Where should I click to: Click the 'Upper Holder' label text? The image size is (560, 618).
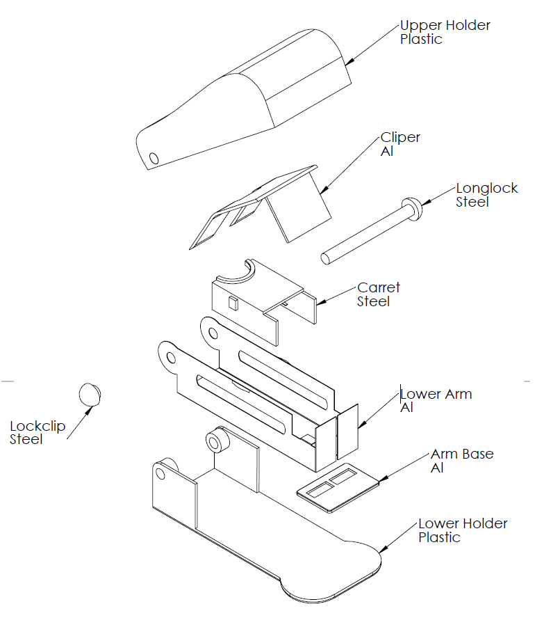[x=445, y=26]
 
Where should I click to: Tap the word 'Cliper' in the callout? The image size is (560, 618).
[x=400, y=138]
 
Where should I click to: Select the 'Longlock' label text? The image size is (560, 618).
[x=486, y=189]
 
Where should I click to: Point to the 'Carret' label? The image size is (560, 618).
[x=379, y=287]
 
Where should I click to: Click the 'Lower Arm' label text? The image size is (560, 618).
[x=436, y=395]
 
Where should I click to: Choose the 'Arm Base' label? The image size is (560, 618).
[x=462, y=454]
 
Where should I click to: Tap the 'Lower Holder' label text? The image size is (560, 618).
[x=463, y=523]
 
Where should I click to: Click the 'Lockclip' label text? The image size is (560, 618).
[x=38, y=426]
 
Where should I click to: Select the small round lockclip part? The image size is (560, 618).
[x=90, y=393]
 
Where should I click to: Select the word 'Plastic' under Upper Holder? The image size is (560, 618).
[x=421, y=40]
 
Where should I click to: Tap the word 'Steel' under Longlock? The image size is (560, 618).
[x=472, y=203]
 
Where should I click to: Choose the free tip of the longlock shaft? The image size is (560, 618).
[x=325, y=258]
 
